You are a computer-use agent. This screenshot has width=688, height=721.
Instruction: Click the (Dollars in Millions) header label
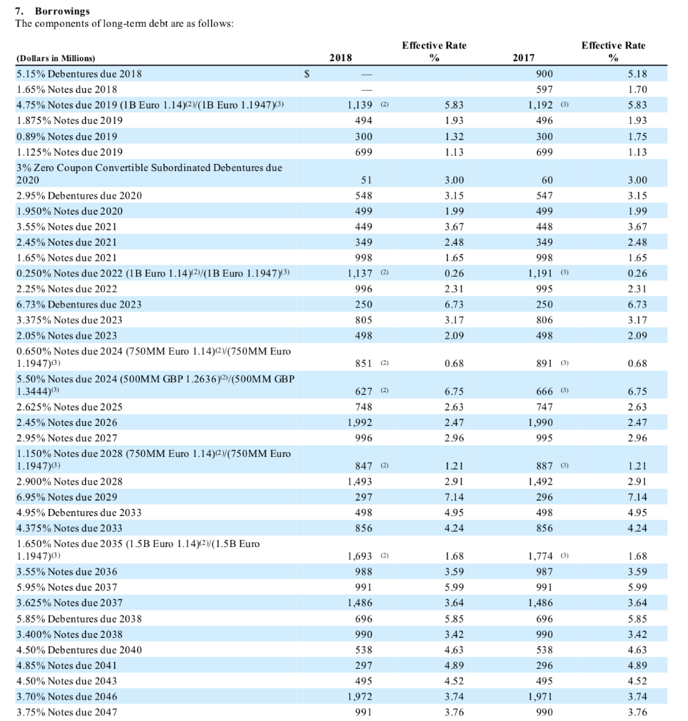pos(55,59)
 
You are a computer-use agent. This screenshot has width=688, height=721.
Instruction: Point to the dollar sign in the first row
pos(306,73)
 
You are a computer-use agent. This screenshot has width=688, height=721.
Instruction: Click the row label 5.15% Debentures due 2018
pos(78,73)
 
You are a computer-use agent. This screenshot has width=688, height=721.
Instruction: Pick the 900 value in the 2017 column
pos(544,73)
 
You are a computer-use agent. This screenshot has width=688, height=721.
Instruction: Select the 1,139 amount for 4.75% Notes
pos(359,105)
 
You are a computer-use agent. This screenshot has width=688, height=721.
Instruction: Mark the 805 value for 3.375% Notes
pos(363,320)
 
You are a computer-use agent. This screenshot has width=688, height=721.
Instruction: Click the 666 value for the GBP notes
pos(544,391)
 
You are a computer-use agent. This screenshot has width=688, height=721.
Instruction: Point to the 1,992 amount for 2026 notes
pos(359,422)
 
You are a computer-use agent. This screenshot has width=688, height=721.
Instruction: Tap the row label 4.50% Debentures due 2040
pos(78,649)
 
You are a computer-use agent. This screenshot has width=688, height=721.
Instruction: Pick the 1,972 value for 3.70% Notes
pos(359,696)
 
